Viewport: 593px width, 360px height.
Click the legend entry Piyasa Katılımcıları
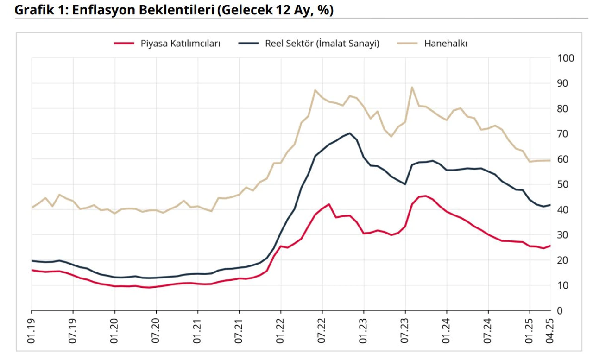181,44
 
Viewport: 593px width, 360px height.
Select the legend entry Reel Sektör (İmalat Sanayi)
322,44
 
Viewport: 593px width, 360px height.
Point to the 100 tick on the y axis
567,58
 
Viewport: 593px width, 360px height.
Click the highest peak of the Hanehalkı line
412,87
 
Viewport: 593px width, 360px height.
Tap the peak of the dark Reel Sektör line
350,133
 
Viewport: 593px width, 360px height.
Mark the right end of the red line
550,246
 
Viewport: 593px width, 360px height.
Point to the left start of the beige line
32,208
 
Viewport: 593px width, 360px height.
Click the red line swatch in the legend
124,44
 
